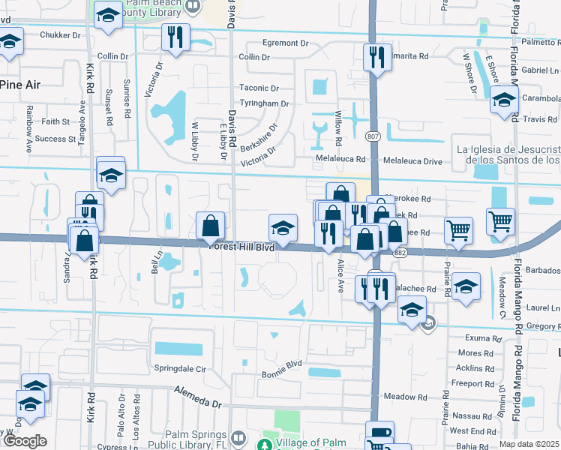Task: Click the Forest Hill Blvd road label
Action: pyautogui.click(x=243, y=246)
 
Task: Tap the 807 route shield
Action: pyautogui.click(x=373, y=136)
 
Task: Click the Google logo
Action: pyautogui.click(x=25, y=441)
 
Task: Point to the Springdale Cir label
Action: pyautogui.click(x=180, y=370)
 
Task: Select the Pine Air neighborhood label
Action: pyautogui.click(x=20, y=85)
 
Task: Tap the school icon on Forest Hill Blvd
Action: pyautogui.click(x=283, y=226)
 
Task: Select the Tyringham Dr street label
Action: pyautogui.click(x=264, y=103)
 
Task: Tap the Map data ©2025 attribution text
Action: pyautogui.click(x=529, y=444)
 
